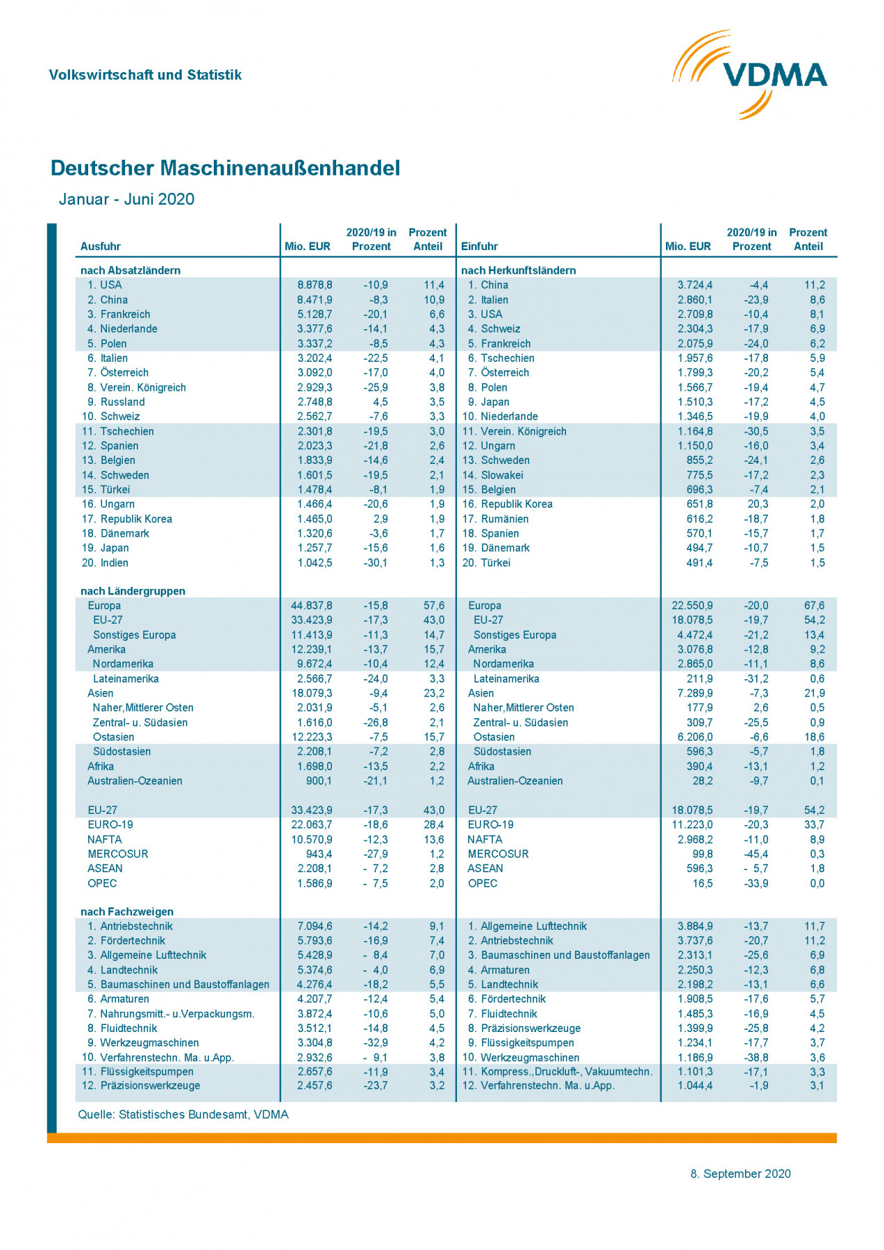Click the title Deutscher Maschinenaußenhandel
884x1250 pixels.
pos(225,168)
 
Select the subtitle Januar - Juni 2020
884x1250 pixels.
pos(126,199)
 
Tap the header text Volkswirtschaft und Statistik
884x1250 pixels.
pos(145,75)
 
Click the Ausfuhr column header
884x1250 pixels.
pos(101,247)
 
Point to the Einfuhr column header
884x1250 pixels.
pos(479,247)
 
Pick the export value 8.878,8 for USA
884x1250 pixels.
pos(315,285)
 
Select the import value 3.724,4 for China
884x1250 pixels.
pos(694,285)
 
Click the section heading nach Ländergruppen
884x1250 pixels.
pos(133,591)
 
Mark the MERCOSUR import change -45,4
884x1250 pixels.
pos(756,854)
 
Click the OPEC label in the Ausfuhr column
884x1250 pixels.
pos(102,883)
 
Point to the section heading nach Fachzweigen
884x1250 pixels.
pos(127,912)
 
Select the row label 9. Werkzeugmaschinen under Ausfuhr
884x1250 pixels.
pos(141,1043)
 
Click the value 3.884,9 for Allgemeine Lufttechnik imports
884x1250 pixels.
pos(694,926)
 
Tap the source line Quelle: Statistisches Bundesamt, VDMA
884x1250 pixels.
pos(183,1115)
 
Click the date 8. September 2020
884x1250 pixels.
pos(740,1174)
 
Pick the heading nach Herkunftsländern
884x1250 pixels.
pos(518,270)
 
